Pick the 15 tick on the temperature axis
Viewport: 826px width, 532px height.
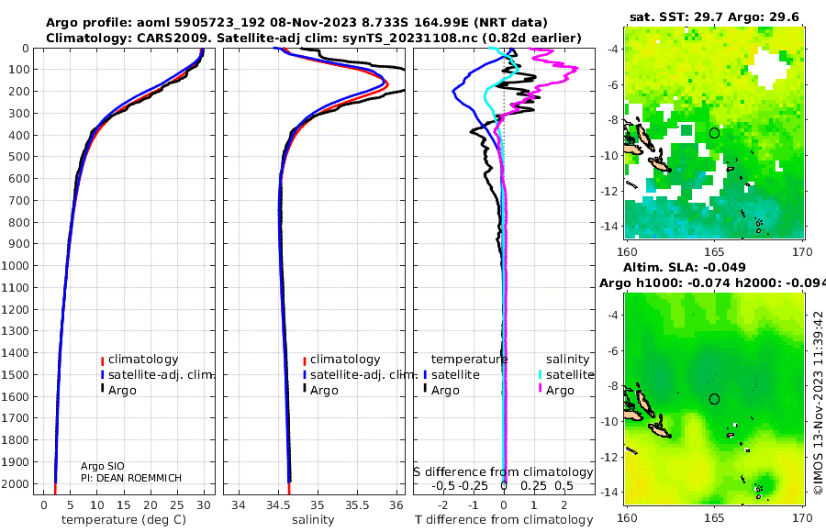pyautogui.click(x=123, y=505)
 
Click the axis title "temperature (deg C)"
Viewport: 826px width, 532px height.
pyautogui.click(x=124, y=520)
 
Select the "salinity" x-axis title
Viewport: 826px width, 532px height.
pyautogui.click(x=313, y=520)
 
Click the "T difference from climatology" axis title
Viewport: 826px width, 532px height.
pyautogui.click(x=504, y=520)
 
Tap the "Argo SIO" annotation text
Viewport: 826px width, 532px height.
pyautogui.click(x=102, y=466)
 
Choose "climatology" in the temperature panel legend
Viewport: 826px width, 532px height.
pyautogui.click(x=143, y=360)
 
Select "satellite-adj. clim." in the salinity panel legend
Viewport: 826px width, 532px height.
pyautogui.click(x=364, y=375)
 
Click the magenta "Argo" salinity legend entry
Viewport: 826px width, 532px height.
pyautogui.click(x=560, y=391)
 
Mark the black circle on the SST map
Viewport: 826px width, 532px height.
pyautogui.click(x=714, y=128)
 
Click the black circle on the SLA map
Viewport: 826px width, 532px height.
pyautogui.click(x=714, y=394)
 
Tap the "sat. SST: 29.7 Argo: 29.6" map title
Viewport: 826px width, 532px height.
pyautogui.click(x=714, y=17)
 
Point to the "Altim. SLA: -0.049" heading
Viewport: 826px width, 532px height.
pyautogui.click(x=685, y=267)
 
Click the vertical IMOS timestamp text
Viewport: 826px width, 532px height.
pyautogui.click(x=818, y=403)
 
